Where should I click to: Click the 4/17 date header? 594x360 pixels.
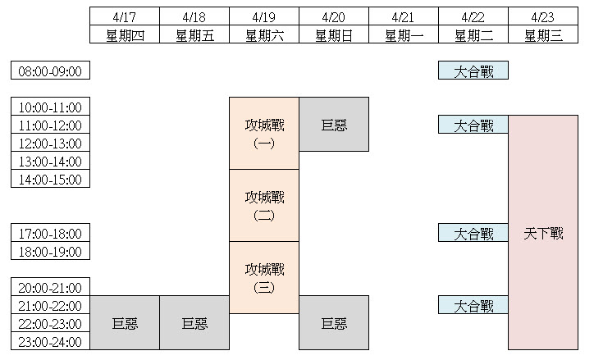click(x=125, y=16)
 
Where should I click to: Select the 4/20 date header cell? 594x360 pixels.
click(x=334, y=16)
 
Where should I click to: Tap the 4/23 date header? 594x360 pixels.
click(x=543, y=16)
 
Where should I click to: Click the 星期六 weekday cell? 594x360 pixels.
click(x=264, y=34)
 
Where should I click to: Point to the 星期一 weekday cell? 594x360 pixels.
click(x=404, y=34)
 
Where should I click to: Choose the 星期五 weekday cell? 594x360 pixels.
click(x=194, y=34)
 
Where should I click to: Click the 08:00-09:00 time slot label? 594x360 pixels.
click(x=50, y=71)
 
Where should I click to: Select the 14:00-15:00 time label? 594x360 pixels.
click(x=50, y=180)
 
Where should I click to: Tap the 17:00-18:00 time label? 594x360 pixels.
click(x=50, y=234)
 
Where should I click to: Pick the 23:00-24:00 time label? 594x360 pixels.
click(x=50, y=342)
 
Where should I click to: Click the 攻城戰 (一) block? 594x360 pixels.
click(x=264, y=134)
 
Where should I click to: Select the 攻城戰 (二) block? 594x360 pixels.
click(x=264, y=206)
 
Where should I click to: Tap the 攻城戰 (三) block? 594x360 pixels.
click(x=264, y=277)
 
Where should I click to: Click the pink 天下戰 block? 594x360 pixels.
click(x=543, y=233)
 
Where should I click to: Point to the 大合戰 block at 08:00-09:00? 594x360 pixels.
click(x=473, y=71)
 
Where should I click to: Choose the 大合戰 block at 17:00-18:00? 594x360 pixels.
click(x=473, y=234)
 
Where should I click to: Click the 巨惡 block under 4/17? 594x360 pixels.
click(x=125, y=323)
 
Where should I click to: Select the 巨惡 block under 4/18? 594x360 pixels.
click(x=194, y=323)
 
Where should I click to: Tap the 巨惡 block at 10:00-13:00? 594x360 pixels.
click(x=334, y=125)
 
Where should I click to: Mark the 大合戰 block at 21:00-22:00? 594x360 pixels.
click(x=473, y=306)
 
